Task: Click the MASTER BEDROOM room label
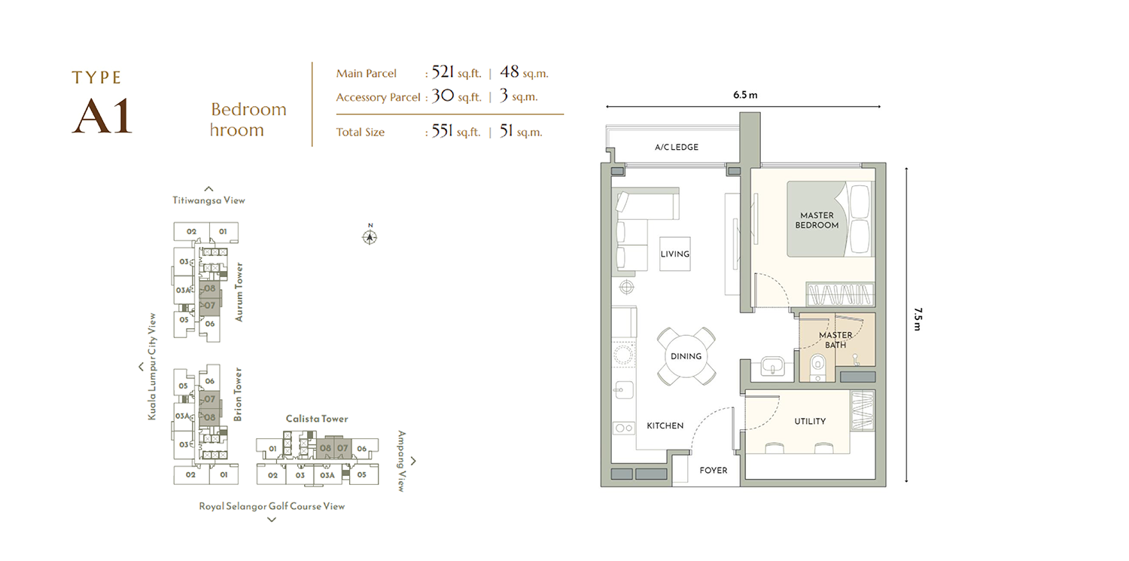point(817,221)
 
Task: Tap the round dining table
point(686,356)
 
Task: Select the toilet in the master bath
point(817,367)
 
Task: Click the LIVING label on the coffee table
point(675,254)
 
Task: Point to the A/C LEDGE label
point(677,147)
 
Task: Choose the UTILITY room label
point(810,421)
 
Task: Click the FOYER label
point(714,471)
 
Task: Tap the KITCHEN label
point(665,425)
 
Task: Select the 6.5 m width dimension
point(745,95)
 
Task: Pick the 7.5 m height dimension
point(918,319)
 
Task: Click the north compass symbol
point(370,236)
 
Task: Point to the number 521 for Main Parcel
point(443,72)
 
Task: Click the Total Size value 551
point(442,131)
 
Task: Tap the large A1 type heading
point(102,116)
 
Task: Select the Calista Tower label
point(317,419)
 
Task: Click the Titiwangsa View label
point(208,200)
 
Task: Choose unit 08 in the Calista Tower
point(326,448)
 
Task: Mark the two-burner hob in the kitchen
point(624,428)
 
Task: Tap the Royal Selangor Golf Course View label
point(272,506)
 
